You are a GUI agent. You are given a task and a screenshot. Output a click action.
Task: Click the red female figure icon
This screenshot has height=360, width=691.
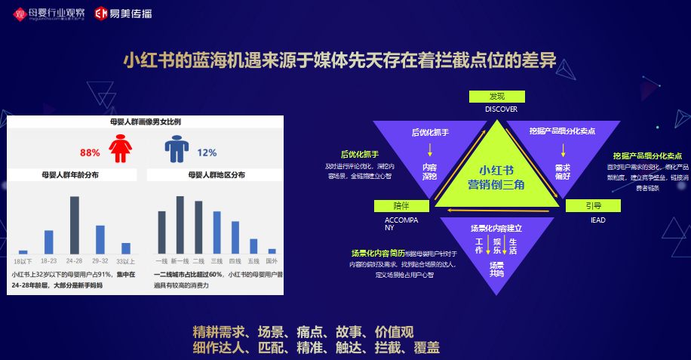(x=118, y=148)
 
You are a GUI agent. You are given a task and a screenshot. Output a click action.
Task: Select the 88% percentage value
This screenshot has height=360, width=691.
(x=90, y=152)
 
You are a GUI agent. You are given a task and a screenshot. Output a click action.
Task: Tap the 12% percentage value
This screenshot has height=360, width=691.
(x=207, y=152)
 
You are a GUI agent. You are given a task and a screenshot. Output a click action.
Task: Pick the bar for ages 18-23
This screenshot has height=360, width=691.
(x=49, y=242)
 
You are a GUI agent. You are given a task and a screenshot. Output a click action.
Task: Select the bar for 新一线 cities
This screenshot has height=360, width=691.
(x=180, y=225)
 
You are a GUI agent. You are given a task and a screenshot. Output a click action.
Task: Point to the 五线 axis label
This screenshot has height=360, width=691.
(x=253, y=260)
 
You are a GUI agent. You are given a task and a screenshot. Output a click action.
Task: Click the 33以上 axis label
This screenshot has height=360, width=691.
(x=125, y=260)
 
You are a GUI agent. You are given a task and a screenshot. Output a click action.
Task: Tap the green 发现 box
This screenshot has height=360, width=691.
(x=496, y=97)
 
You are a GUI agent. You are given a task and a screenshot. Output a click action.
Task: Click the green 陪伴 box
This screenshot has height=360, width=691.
(x=401, y=206)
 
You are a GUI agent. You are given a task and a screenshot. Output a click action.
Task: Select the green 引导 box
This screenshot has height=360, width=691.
(x=593, y=206)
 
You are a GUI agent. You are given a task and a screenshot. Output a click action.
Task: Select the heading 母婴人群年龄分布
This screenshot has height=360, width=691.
(x=70, y=174)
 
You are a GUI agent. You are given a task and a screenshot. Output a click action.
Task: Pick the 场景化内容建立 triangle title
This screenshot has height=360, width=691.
(x=496, y=227)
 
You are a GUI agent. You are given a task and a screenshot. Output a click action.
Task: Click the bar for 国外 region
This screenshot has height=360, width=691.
(x=272, y=251)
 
